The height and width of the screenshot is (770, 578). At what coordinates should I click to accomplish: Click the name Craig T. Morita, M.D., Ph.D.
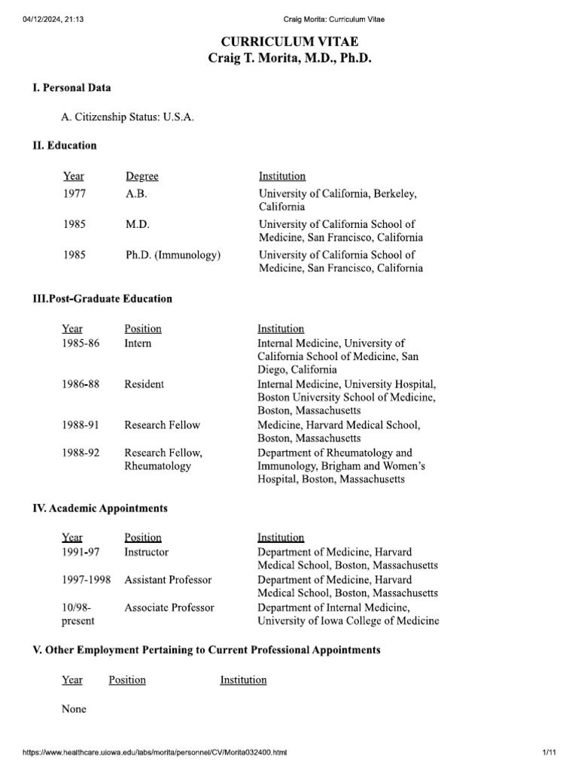pyautogui.click(x=289, y=59)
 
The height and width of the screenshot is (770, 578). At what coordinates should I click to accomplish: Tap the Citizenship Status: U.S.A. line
pyautogui.click(x=122, y=117)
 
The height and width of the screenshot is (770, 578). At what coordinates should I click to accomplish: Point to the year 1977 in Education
pyautogui.click(x=75, y=193)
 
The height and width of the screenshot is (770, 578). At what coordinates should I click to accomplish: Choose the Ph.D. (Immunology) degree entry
pyautogui.click(x=173, y=255)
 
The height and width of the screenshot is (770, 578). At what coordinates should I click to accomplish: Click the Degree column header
pyautogui.click(x=142, y=176)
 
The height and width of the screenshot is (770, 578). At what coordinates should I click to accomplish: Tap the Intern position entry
pyautogui.click(x=138, y=343)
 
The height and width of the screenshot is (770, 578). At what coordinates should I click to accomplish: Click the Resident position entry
pyautogui.click(x=144, y=383)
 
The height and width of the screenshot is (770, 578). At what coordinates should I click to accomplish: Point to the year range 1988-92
pyautogui.click(x=80, y=453)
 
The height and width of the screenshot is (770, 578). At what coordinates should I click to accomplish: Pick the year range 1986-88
pyautogui.click(x=80, y=383)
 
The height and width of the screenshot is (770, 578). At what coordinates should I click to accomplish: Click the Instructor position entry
pyautogui.click(x=146, y=552)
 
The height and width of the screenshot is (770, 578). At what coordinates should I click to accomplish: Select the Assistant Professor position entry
pyautogui.click(x=168, y=580)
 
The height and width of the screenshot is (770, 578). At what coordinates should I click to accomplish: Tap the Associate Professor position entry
pyautogui.click(x=169, y=608)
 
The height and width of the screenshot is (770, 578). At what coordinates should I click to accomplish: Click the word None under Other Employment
pyautogui.click(x=74, y=709)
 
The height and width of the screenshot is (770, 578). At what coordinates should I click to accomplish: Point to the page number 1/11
pyautogui.click(x=548, y=753)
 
